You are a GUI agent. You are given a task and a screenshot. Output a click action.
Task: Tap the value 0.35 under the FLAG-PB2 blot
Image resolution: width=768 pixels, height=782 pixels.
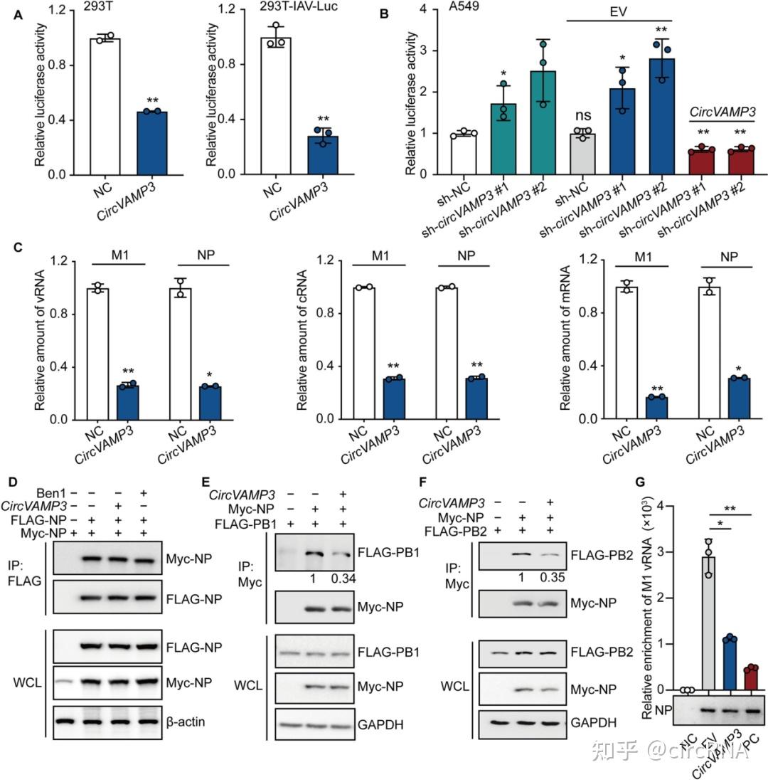[x=551, y=577]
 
